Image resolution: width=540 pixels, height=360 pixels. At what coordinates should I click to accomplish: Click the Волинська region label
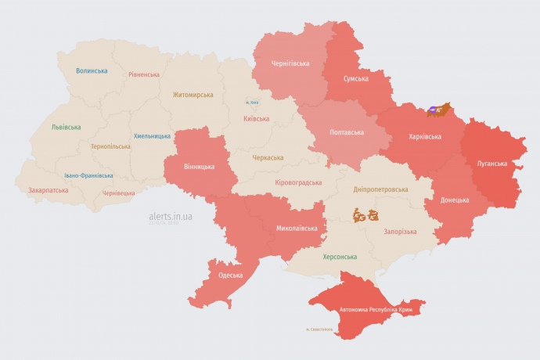tap(92, 71)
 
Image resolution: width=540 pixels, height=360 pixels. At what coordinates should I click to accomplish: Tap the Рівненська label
tap(144, 75)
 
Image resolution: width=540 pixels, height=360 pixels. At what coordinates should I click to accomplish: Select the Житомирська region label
tap(193, 95)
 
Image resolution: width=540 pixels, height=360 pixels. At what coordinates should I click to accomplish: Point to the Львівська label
tap(66, 127)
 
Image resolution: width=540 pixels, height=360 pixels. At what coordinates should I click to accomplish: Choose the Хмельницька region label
tap(152, 136)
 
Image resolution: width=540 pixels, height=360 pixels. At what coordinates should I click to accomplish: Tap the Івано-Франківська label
tap(88, 176)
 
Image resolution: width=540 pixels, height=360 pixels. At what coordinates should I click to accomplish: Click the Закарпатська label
tap(47, 190)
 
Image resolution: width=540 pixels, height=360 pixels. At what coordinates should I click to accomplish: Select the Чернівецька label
tap(118, 193)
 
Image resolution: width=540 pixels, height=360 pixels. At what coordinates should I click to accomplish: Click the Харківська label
tap(425, 137)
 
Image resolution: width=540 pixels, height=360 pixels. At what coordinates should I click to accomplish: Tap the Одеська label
tap(230, 275)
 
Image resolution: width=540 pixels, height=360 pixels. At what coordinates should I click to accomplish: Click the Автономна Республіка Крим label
tap(376, 311)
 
